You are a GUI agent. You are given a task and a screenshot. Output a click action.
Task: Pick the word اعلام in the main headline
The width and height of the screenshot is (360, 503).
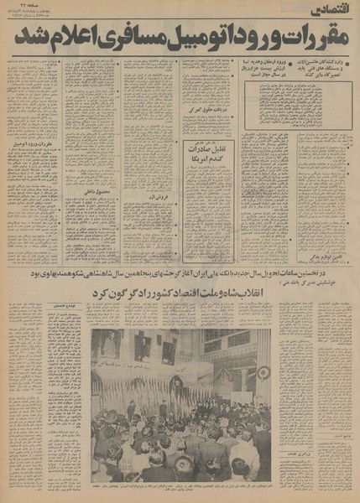(72, 39)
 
